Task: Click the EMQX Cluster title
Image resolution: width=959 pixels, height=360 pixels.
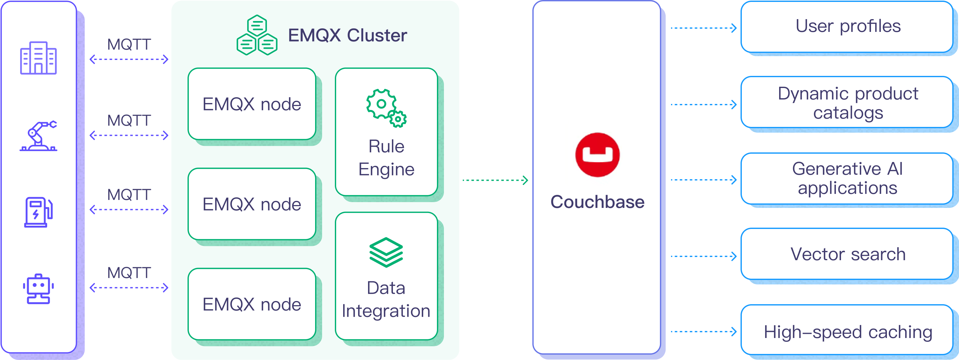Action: pos(347,35)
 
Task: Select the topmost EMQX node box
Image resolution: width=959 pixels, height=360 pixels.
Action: pos(252,104)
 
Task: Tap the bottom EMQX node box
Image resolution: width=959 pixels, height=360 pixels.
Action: pos(252,304)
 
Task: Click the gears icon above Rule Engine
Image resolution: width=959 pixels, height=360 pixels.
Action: pos(386,108)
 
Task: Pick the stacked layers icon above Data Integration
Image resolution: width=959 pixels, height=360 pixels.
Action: pos(386,253)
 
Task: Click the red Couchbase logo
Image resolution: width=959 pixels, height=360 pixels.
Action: pos(597,155)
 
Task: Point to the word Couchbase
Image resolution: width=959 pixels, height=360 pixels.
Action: pos(597,202)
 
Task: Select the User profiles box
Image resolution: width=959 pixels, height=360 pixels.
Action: pos(847,27)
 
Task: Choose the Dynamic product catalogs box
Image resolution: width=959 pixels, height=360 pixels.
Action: pos(847,103)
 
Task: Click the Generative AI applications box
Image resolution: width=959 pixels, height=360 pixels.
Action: pos(847,178)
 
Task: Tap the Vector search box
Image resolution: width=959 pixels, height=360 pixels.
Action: pos(847,254)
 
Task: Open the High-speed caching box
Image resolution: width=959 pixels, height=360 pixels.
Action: pos(847,331)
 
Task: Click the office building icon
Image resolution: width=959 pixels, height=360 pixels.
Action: pos(38,58)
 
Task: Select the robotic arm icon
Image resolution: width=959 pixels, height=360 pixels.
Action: pos(38,136)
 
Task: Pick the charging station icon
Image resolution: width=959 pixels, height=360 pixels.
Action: pos(38,212)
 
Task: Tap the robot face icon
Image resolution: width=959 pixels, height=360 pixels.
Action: pos(38,289)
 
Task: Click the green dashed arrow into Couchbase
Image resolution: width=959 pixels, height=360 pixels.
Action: pos(495,180)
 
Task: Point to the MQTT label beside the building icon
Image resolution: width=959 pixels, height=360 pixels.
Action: pos(129,44)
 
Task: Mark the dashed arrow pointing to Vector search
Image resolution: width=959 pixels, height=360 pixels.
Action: pos(703,256)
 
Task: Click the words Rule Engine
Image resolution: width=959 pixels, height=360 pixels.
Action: pos(386,158)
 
